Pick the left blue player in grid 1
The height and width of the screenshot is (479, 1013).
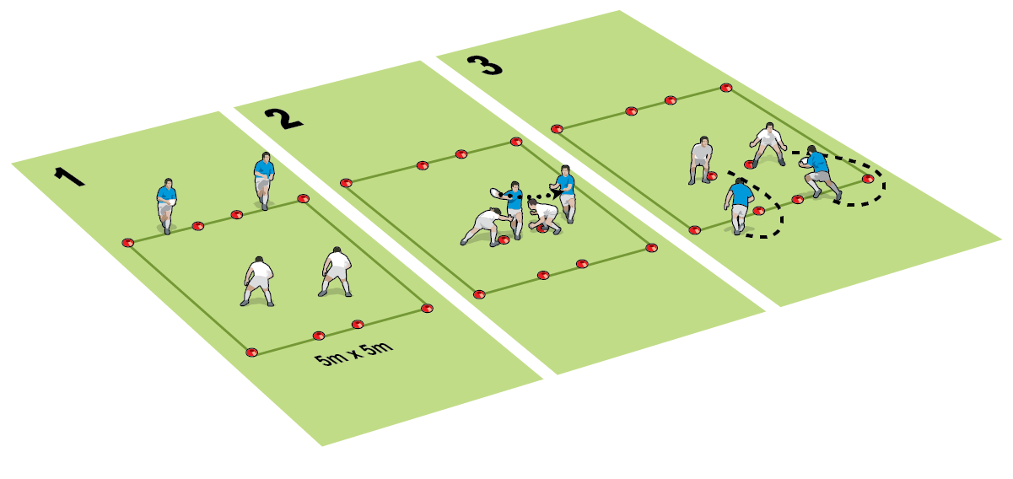click(x=166, y=204)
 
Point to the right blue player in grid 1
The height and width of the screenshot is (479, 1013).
click(x=264, y=179)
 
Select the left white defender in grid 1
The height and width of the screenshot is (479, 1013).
click(x=258, y=280)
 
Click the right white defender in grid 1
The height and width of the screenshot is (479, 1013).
click(x=336, y=270)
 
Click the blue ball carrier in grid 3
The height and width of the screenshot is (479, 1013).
click(x=817, y=173)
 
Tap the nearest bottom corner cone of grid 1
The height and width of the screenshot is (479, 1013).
click(x=251, y=353)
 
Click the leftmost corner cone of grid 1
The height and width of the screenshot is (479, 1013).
click(x=127, y=243)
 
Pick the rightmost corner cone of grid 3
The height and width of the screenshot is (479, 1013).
click(x=867, y=179)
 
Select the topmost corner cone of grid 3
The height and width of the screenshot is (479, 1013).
click(x=726, y=87)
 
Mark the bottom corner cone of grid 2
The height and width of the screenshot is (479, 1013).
click(x=479, y=294)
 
